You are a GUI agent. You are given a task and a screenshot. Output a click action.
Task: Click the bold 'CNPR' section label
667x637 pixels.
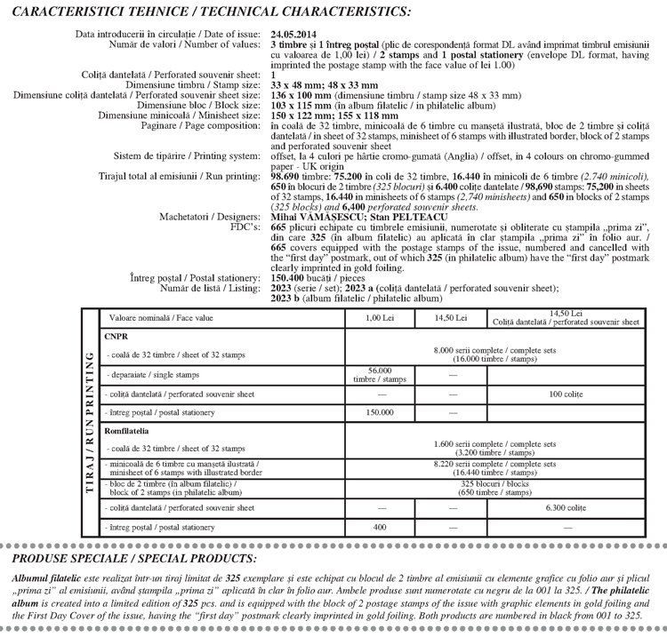pyautogui.click(x=117, y=337)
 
